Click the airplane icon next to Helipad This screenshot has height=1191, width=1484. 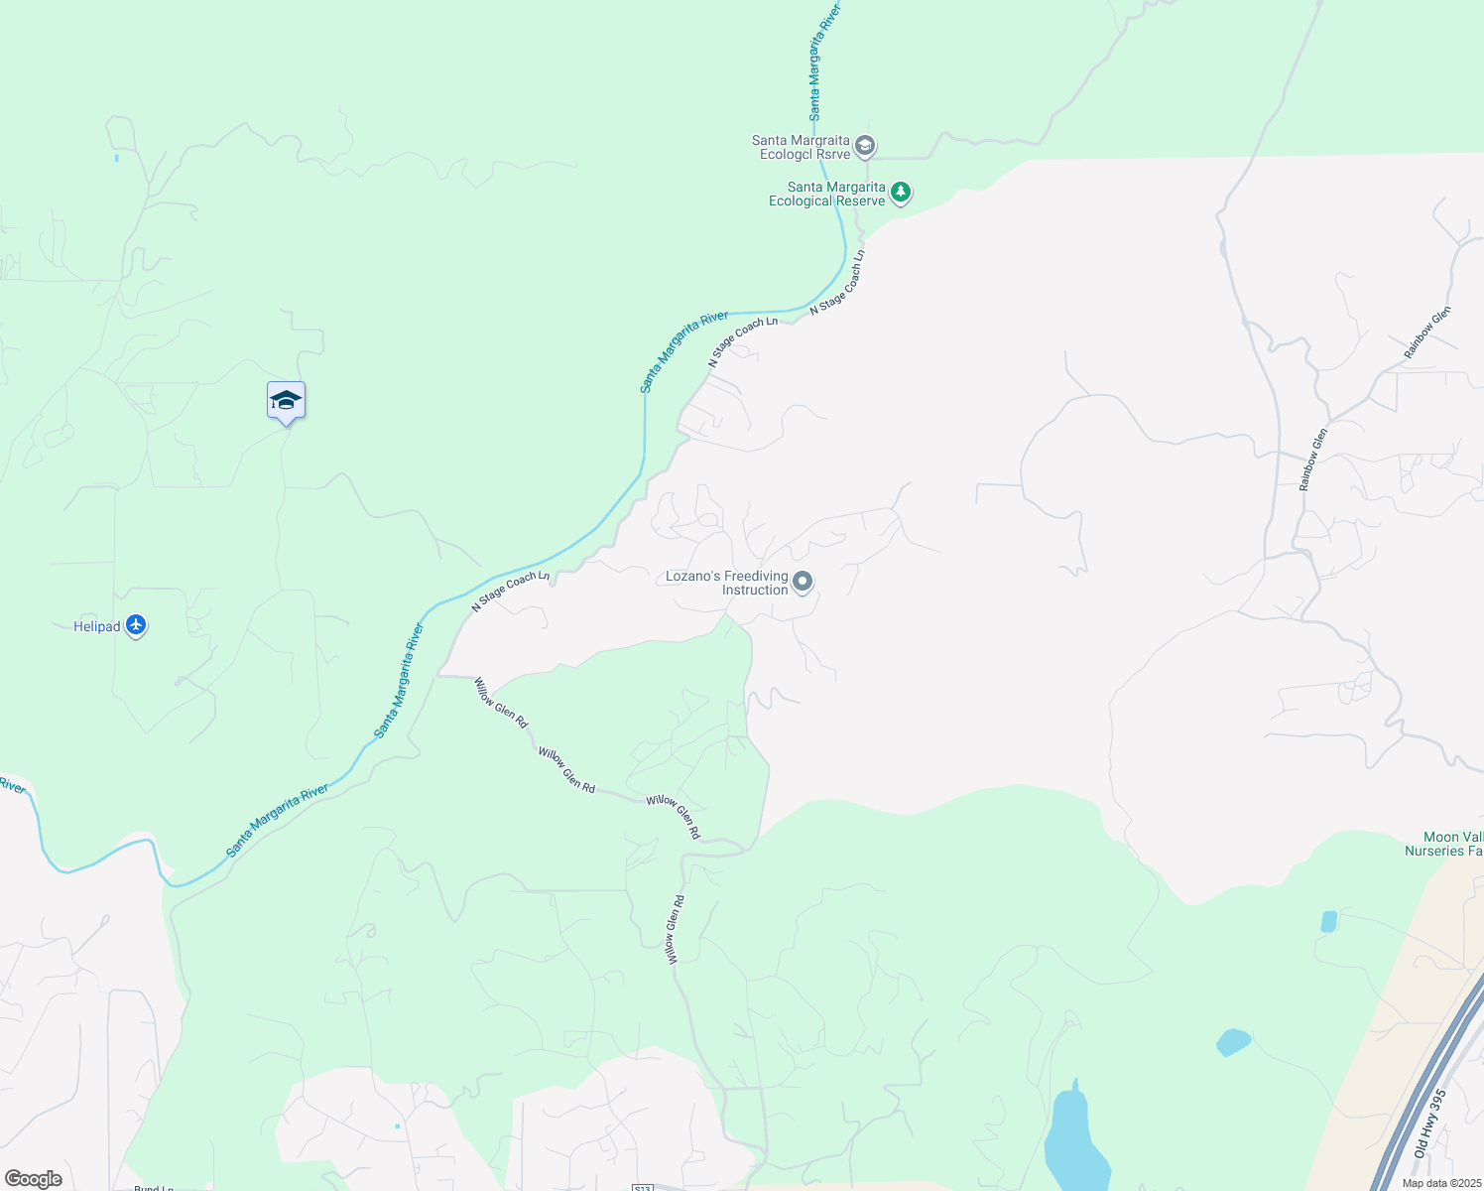pyautogui.click(x=136, y=626)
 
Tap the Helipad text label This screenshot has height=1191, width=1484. pyautogui.click(x=97, y=626)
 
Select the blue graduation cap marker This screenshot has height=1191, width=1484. pyautogui.click(x=286, y=401)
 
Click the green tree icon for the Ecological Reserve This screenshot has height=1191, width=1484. pyautogui.click(x=900, y=192)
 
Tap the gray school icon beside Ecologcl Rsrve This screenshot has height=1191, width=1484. pyautogui.click(x=865, y=147)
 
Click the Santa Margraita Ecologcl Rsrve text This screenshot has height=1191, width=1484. pyautogui.click(x=801, y=147)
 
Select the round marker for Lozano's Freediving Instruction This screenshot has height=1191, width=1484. pyautogui.click(x=803, y=581)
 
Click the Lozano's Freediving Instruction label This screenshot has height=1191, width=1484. pyautogui.click(x=727, y=583)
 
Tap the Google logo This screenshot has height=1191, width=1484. pyautogui.click(x=34, y=1179)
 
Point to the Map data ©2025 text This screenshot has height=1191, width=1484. pyautogui.click(x=1440, y=1183)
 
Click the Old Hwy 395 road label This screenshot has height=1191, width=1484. pyautogui.click(x=1429, y=1124)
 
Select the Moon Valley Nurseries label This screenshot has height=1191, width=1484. pyautogui.click(x=1444, y=844)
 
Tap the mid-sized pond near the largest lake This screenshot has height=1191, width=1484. pyautogui.click(x=1233, y=1042)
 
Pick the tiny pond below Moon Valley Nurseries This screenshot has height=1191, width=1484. pyautogui.click(x=1329, y=921)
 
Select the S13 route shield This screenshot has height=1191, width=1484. pyautogui.click(x=642, y=1188)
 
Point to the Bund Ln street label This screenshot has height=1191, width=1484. pyautogui.click(x=154, y=1187)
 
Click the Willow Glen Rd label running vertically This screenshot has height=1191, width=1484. pyautogui.click(x=675, y=930)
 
